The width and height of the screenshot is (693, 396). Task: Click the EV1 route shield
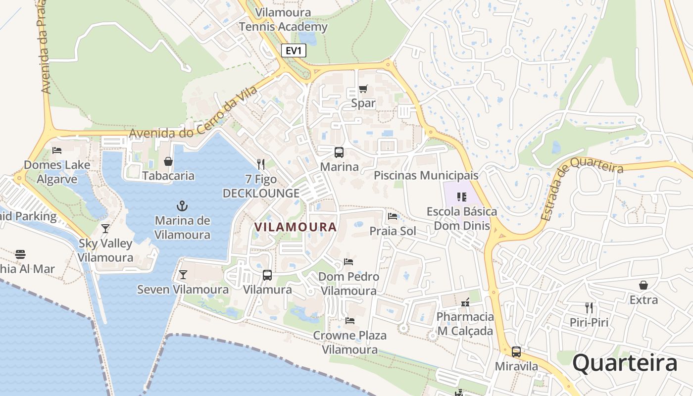[294, 50]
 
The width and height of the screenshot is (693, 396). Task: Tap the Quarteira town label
[625, 363]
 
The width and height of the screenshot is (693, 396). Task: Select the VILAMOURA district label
[295, 227]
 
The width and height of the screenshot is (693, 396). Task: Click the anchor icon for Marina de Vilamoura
[182, 205]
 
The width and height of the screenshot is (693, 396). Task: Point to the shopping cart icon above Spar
[363, 89]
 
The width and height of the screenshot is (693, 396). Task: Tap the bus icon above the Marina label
[339, 152]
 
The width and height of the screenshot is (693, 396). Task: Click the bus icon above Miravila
[516, 352]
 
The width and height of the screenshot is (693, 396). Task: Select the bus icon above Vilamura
[267, 275]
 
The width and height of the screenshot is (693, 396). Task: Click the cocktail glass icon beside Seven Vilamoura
[183, 275]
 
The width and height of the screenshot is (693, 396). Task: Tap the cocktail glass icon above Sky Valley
[105, 228]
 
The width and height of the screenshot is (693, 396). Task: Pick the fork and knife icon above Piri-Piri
[589, 308]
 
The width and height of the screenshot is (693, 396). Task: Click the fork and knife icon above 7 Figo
[261, 164]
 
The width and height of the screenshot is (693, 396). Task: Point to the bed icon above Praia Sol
[393, 216]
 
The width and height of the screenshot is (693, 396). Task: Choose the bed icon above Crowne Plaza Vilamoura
[350, 321]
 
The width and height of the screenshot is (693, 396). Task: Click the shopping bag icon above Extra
[643, 285]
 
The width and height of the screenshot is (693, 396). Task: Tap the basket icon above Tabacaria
[168, 161]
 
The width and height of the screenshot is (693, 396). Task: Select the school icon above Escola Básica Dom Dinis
[462, 197]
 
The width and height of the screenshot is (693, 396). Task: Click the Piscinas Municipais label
[426, 175]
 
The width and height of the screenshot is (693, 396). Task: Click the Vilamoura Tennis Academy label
[283, 20]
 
